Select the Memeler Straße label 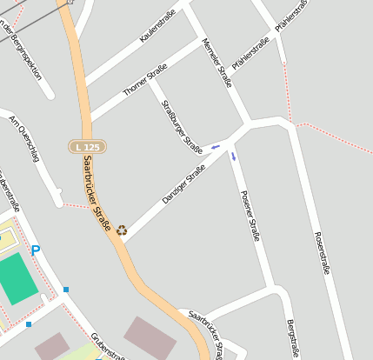click(216, 63)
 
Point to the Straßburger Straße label click(183, 127)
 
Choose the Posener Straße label click(250, 215)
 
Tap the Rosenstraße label click(321, 252)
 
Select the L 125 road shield click(87, 148)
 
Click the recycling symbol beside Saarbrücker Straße click(122, 230)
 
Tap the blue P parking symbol click(36, 250)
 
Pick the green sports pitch click(16, 278)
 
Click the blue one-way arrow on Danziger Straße click(216, 147)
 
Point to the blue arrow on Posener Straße click(233, 157)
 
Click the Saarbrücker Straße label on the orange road click(98, 196)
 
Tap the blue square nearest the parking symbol click(66, 289)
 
